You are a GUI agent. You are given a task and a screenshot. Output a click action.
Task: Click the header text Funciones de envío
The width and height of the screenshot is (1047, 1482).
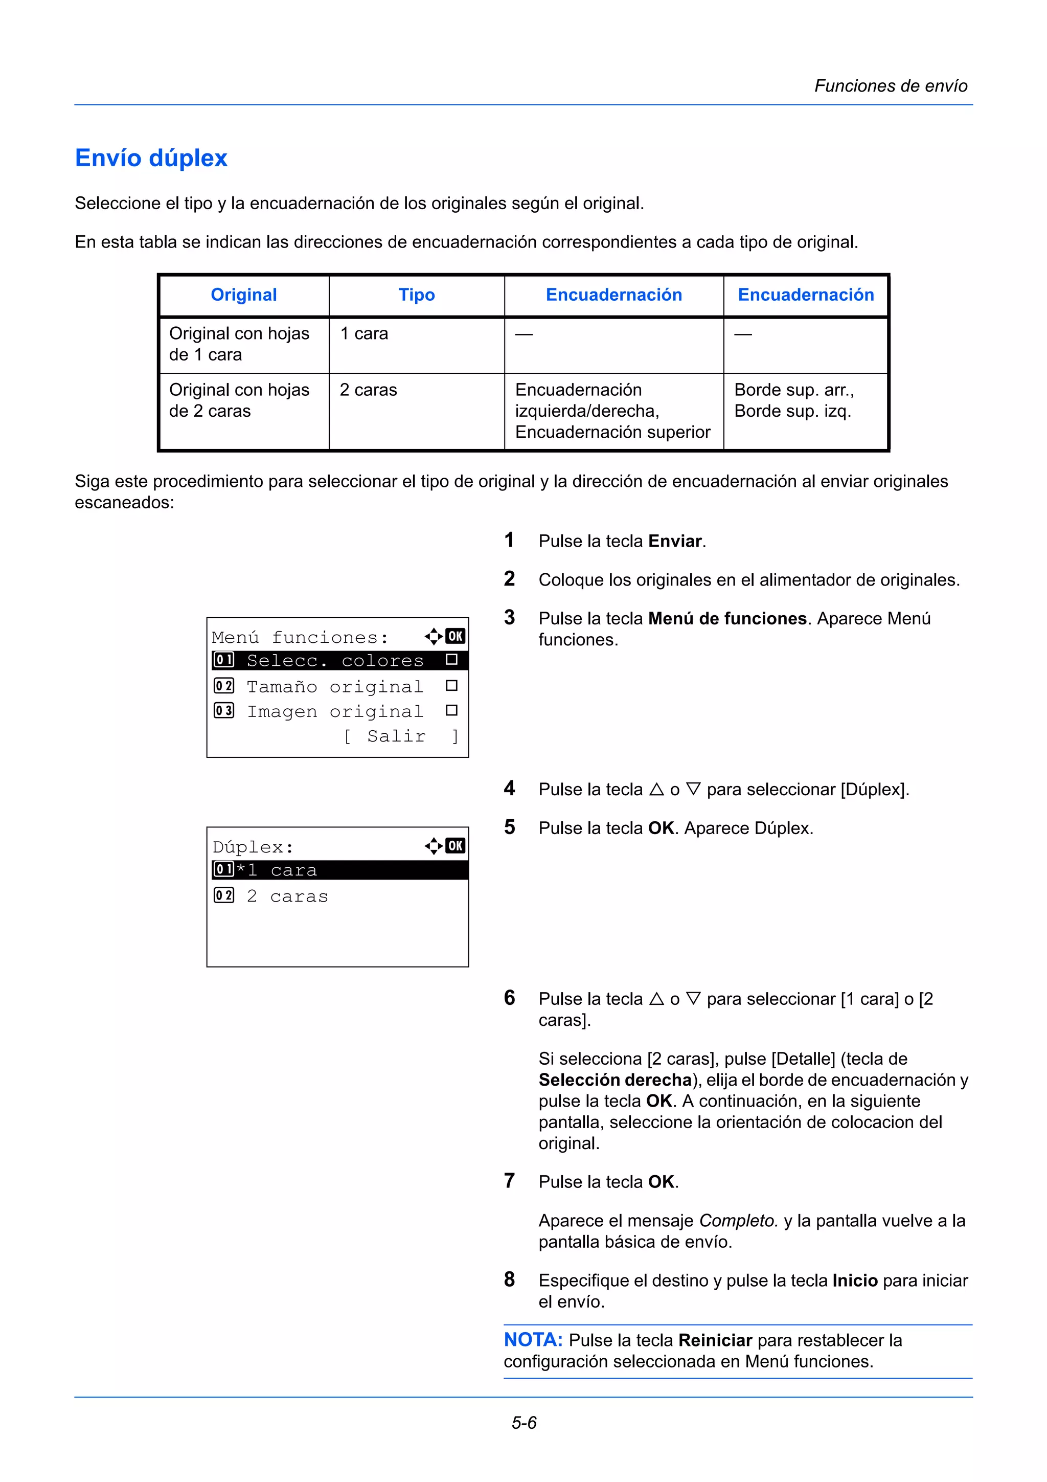(x=890, y=86)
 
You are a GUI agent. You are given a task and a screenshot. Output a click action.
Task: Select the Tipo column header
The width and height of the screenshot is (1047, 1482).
(x=416, y=295)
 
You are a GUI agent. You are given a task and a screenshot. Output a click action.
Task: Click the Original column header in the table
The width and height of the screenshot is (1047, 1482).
(x=244, y=295)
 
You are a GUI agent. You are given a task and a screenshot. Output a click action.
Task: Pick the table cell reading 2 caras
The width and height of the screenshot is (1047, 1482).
(x=369, y=390)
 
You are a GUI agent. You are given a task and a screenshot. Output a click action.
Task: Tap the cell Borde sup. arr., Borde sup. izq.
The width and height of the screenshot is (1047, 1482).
(x=793, y=400)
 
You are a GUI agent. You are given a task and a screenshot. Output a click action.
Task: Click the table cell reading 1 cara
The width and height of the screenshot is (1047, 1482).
(x=364, y=334)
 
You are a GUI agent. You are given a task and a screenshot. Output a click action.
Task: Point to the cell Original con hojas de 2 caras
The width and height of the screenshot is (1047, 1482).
(x=239, y=400)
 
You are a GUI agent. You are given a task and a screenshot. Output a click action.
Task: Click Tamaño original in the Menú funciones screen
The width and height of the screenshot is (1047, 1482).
(x=335, y=686)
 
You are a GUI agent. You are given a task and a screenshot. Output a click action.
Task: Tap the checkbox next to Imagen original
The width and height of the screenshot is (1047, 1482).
(x=451, y=711)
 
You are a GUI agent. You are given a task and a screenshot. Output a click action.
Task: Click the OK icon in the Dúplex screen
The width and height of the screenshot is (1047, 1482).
(x=456, y=845)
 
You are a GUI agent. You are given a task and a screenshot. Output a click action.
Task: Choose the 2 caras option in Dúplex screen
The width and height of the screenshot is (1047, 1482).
(x=287, y=896)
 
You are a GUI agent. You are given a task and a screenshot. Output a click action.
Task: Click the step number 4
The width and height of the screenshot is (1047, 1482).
(x=510, y=788)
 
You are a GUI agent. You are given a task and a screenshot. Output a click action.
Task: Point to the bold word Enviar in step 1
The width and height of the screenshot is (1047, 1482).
(x=675, y=541)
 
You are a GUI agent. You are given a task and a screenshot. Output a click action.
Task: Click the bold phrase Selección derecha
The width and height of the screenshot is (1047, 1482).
(x=615, y=1080)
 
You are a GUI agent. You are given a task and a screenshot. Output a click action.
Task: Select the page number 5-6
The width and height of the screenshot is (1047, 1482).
(x=524, y=1423)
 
